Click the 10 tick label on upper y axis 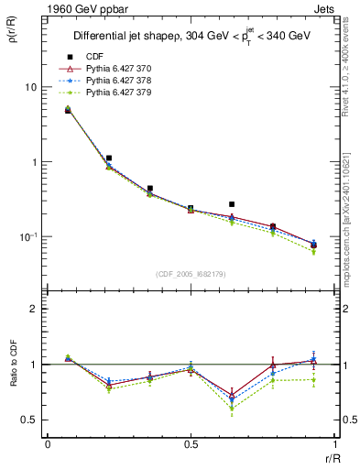[30, 87]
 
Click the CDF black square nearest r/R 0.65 [232, 204]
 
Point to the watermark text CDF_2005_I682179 [191, 272]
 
